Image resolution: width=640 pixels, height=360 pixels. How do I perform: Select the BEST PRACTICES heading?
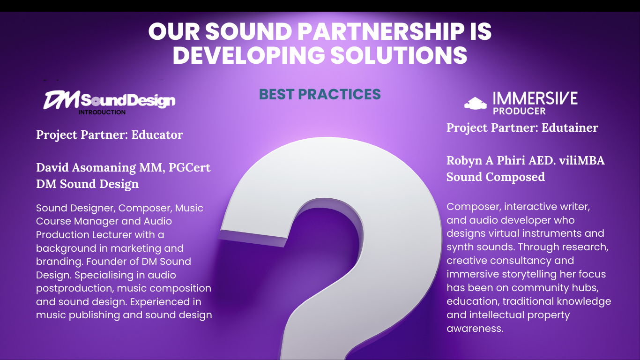point(320,94)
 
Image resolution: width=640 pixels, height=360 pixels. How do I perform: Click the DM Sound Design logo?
point(109,100)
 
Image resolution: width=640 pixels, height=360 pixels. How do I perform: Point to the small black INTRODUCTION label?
point(102,112)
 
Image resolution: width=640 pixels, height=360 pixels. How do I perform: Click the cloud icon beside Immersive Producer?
point(476,103)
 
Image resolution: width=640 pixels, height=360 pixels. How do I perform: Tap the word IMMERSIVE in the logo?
point(535,98)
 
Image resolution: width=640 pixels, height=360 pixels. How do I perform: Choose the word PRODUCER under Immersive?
point(519,111)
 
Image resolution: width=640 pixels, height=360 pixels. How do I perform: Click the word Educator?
point(157,135)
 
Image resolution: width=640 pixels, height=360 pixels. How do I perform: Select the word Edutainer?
point(570,127)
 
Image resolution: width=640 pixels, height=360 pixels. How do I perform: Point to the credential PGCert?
point(189,167)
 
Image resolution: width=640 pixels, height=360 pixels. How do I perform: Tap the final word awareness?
point(475,328)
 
